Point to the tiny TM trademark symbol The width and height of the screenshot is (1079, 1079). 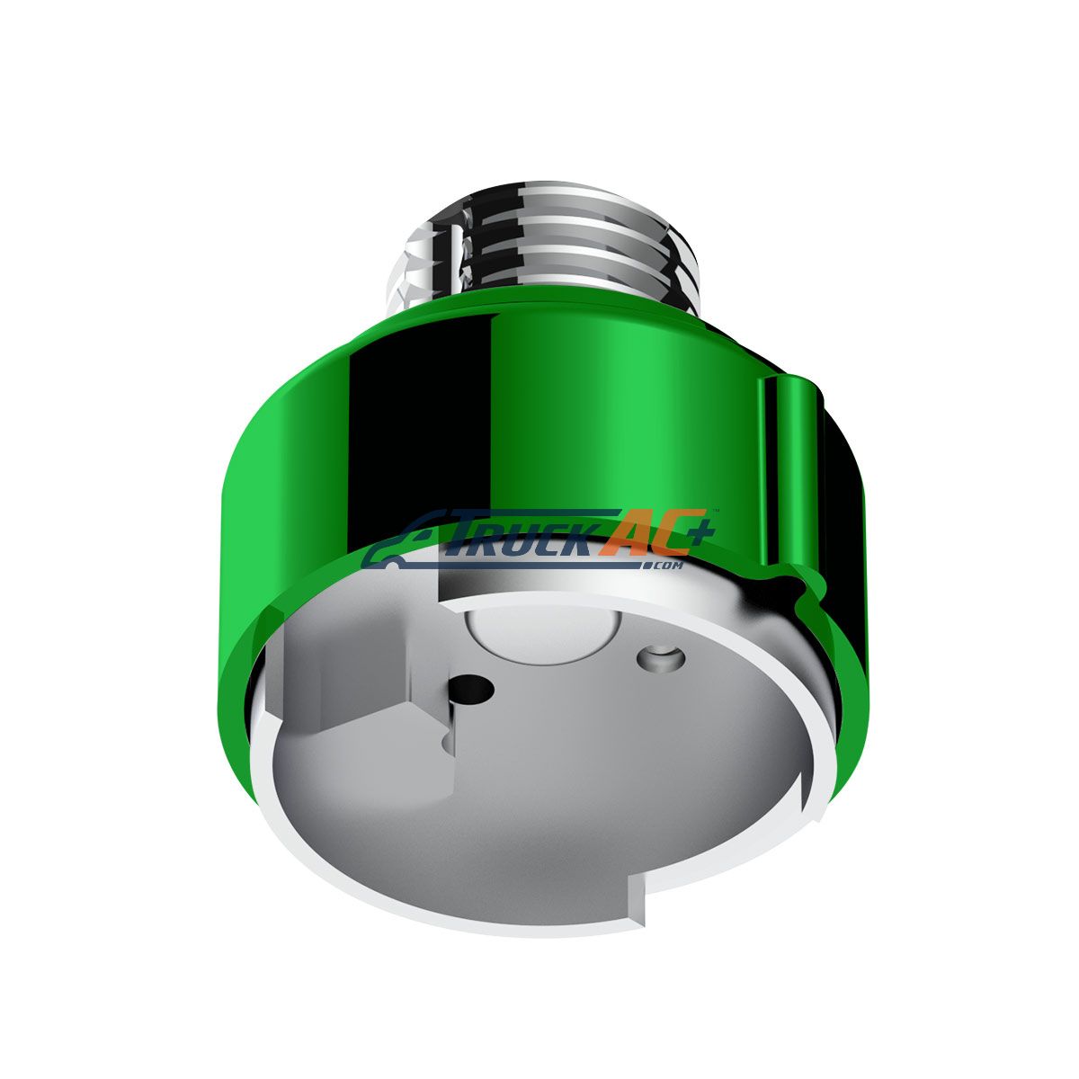point(716,511)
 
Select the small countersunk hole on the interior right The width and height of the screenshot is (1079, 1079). point(661,657)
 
